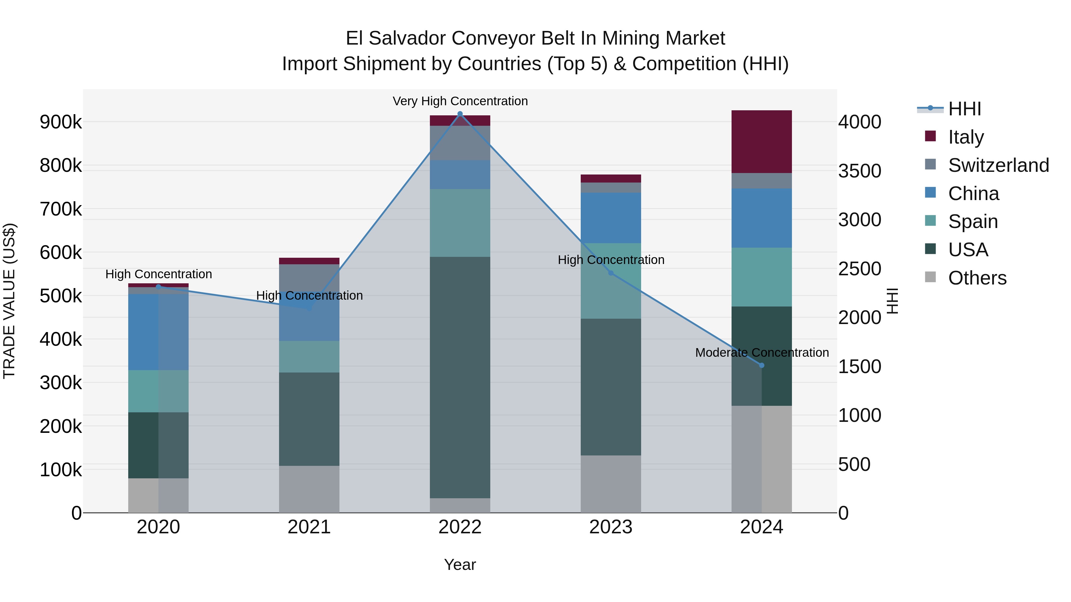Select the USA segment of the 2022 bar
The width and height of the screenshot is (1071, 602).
pos(460,377)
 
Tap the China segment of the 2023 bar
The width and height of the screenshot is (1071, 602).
pos(610,218)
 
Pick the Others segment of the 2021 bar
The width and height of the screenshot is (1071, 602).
pos(309,489)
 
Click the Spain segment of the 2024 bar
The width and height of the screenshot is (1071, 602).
pos(761,277)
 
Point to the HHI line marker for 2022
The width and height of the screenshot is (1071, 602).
pos(460,114)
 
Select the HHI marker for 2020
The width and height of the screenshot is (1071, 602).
pos(158,287)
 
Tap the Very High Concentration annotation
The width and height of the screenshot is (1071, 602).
pos(460,101)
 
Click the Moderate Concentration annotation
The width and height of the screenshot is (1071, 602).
pos(762,352)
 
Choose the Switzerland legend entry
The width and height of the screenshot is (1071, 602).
pos(998,165)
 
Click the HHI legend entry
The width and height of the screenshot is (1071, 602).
pos(964,109)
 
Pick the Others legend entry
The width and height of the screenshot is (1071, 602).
pos(977,278)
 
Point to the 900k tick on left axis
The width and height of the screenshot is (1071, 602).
pos(61,122)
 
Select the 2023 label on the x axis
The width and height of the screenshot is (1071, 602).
pos(610,527)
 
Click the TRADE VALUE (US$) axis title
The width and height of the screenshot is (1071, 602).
pos(10,301)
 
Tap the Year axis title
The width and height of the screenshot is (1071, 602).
pos(460,565)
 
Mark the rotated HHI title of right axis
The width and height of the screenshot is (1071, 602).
pos(892,301)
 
